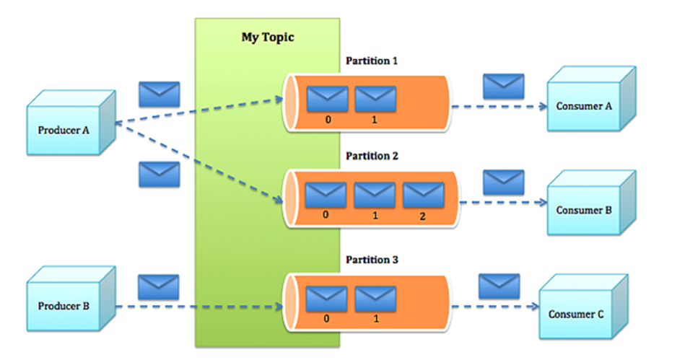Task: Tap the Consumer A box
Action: click(591, 99)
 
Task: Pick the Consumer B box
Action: click(591, 203)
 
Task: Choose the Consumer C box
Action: click(584, 307)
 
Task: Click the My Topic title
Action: click(268, 38)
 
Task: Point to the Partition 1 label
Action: click(372, 61)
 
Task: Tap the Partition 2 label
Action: click(372, 156)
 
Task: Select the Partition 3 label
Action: click(372, 260)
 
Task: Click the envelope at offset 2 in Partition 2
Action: click(423, 195)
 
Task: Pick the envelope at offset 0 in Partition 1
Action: click(328, 99)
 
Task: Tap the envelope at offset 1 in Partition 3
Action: click(375, 299)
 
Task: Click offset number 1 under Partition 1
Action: click(375, 120)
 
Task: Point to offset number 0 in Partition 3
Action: click(326, 319)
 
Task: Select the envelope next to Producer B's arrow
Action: click(159, 287)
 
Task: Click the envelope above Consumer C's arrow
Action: click(499, 286)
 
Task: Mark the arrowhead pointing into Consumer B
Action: click(543, 202)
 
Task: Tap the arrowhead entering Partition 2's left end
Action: click(279, 200)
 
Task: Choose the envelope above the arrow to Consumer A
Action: click(504, 87)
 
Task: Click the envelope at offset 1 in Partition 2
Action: click(375, 195)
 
